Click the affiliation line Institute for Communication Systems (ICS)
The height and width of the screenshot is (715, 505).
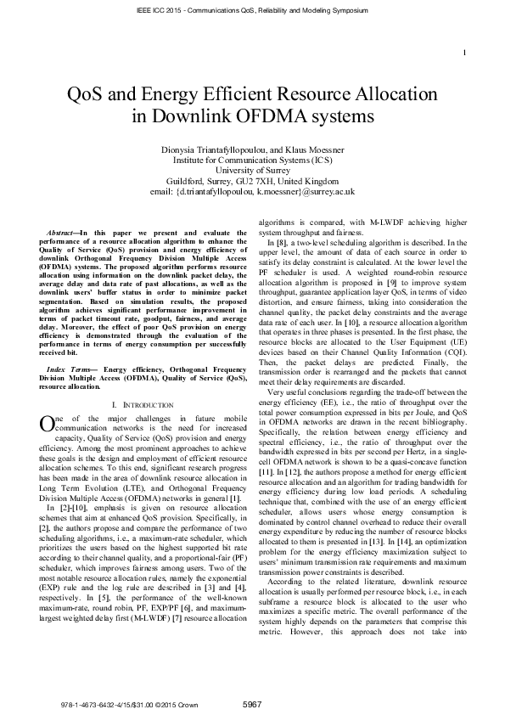[x=252, y=160]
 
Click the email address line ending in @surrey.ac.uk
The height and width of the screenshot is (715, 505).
[x=252, y=192]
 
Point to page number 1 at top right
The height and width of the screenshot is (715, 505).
[x=466, y=31]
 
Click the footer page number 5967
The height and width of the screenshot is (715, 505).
[x=252, y=704]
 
